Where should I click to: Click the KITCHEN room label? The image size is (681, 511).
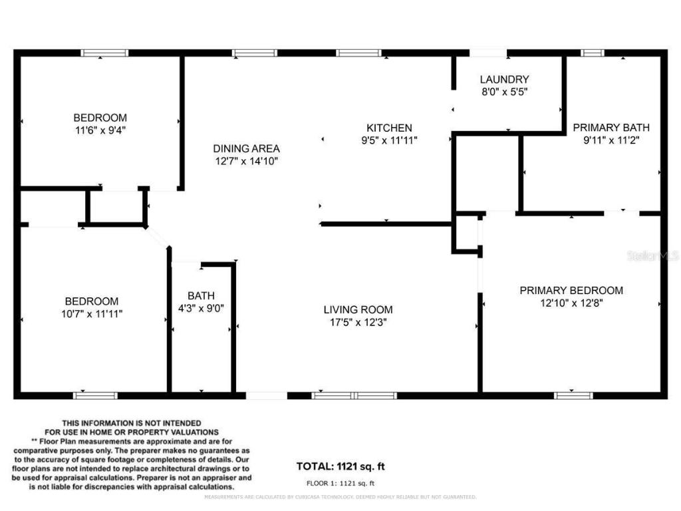389,128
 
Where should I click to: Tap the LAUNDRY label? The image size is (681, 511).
504,79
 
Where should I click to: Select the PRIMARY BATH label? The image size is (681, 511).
611,128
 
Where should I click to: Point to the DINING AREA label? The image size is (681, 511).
246,148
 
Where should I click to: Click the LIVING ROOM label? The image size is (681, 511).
358,309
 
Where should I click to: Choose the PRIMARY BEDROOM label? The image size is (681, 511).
571,290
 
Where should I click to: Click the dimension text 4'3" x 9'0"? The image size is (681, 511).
201,308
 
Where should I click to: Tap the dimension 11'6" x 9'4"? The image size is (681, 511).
100,130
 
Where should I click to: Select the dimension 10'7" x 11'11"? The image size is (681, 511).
91,313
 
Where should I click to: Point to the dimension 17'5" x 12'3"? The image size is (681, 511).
358,322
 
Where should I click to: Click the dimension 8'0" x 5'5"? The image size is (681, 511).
504,92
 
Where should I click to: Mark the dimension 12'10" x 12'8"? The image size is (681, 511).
571,303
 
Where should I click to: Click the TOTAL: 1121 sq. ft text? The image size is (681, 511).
340,466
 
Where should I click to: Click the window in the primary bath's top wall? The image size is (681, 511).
592,53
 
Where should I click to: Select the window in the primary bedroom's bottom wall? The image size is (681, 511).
573,395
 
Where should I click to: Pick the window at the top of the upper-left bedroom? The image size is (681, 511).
104,53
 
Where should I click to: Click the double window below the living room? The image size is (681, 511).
354,395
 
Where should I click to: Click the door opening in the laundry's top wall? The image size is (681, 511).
488,53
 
